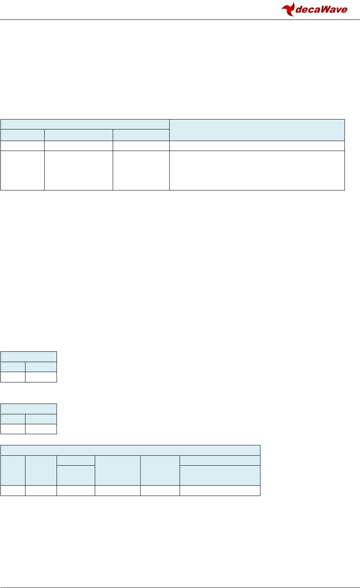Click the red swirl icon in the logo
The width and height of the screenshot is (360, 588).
coord(288,9)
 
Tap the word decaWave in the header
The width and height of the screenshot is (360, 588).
coord(321,10)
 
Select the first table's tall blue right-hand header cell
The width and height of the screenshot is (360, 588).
coord(257,129)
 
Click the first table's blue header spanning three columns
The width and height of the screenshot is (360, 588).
coord(85,124)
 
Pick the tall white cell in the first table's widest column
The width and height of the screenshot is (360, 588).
coord(257,170)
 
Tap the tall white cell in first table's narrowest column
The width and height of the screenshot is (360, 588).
coord(22,170)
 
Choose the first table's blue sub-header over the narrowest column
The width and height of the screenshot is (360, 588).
coord(22,135)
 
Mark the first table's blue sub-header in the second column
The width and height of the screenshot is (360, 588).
coord(78,135)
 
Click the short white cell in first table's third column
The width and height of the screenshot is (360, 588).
coord(141,145)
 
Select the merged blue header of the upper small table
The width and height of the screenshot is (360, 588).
coord(29,357)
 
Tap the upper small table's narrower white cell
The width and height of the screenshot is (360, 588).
coord(13,377)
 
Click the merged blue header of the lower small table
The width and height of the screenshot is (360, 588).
coord(29,409)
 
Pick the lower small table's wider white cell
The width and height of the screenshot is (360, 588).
coord(41,429)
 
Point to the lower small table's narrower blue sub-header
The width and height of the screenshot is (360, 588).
coord(13,419)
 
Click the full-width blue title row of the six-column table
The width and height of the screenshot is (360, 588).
coord(130,450)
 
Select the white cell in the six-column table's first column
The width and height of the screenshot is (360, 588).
coord(13,490)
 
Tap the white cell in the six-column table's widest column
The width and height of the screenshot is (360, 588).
coord(220,490)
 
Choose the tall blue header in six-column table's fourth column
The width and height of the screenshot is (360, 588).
coord(117,470)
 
